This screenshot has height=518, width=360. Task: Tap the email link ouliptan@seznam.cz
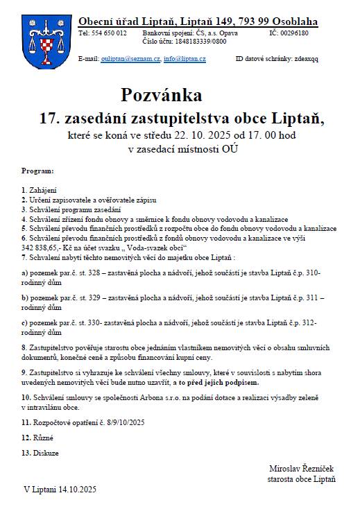[132, 59]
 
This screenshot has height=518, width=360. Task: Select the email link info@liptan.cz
[185, 59]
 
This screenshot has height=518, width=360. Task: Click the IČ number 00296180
[294, 33]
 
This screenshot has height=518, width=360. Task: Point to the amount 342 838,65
[45, 247]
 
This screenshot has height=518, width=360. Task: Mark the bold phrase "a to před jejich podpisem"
[219, 382]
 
